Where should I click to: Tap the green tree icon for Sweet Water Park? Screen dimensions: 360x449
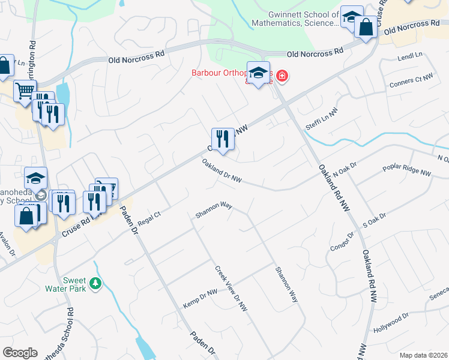[x=94, y=283]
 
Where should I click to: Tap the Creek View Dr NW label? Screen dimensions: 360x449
[x=231, y=289]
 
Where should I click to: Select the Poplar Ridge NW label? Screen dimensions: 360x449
[x=407, y=167]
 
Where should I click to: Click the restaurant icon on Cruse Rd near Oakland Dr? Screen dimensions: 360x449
[x=223, y=139]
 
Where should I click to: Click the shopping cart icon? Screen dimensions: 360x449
[x=25, y=91]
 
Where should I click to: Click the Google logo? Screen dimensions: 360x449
[x=20, y=353]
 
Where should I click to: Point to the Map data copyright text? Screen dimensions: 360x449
[x=423, y=355]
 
